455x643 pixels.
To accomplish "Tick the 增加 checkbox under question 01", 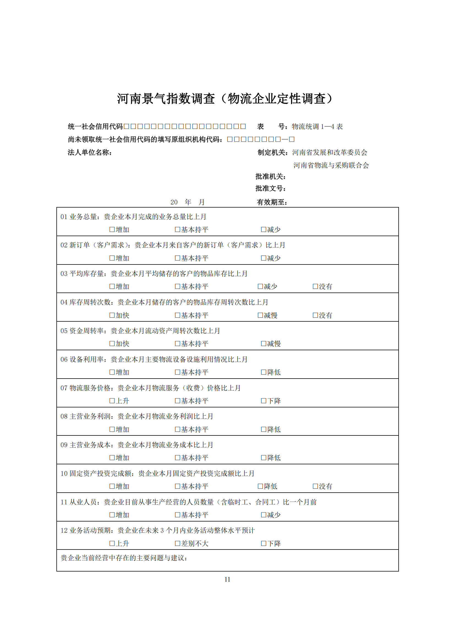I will [112, 230].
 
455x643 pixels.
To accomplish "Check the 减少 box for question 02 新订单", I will [264, 258].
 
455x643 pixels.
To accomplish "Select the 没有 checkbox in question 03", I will [316, 286].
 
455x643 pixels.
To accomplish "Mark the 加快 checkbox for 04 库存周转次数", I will [112, 315].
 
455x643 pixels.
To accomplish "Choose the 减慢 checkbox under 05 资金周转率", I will [264, 344].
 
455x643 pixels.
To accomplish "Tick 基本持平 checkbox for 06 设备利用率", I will [178, 372].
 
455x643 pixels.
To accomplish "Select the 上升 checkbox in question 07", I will [112, 401].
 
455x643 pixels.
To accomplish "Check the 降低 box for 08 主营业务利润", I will [264, 429].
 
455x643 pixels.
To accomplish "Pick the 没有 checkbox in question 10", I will [316, 486].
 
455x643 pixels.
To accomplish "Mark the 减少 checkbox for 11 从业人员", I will [264, 515].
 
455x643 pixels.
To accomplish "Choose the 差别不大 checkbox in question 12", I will [178, 543].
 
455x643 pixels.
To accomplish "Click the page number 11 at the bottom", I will [227, 579].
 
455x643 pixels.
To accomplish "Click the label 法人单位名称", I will [90, 153].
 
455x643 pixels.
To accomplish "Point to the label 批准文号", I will [270, 189].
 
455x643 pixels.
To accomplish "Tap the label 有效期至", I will [272, 202].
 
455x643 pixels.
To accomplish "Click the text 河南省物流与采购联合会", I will [331, 165].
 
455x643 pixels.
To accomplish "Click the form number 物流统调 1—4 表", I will [317, 126].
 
